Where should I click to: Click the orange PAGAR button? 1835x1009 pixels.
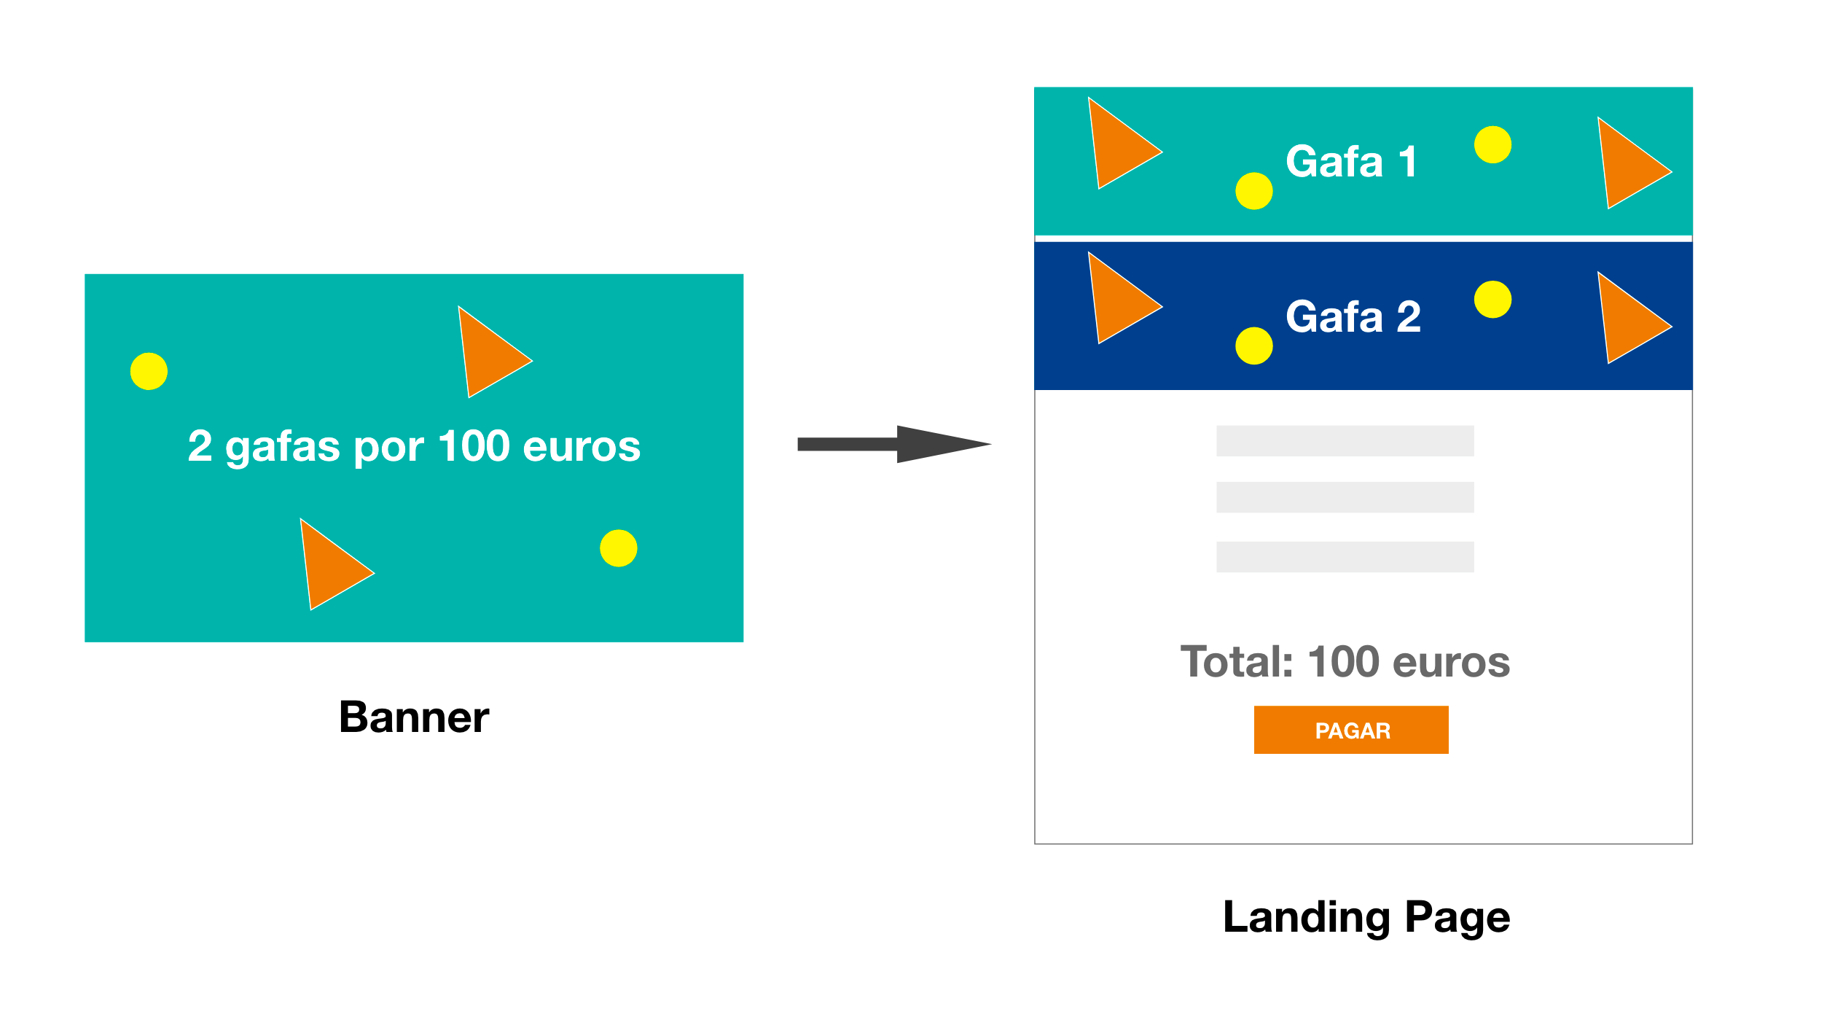tap(1351, 730)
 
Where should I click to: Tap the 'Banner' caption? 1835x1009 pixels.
tap(414, 717)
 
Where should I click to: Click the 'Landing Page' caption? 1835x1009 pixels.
tap(1366, 917)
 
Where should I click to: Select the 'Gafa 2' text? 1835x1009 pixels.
tap(1353, 316)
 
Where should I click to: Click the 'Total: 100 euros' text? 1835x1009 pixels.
tap(1345, 662)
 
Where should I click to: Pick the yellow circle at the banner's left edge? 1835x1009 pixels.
tap(149, 371)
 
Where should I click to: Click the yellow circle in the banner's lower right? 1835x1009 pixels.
tap(619, 548)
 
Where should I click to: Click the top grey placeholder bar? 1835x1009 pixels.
tap(1345, 441)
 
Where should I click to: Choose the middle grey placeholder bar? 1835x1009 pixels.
tap(1345, 497)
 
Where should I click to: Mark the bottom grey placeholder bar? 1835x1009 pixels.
tap(1345, 557)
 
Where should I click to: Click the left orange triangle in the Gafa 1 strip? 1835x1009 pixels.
tap(1119, 146)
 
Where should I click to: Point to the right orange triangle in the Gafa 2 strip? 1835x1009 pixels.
tap(1629, 321)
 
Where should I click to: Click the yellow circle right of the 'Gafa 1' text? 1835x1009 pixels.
tap(1492, 144)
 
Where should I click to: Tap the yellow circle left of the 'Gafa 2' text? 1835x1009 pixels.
tap(1254, 346)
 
